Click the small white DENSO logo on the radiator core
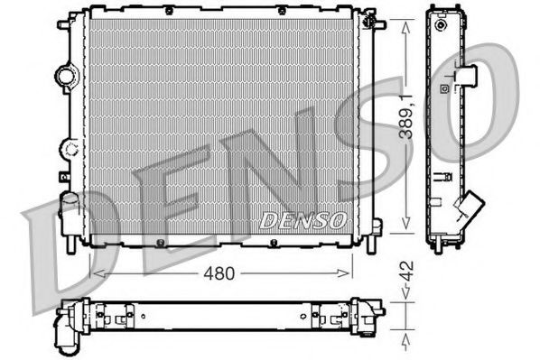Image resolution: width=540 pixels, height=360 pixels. pos(303,219)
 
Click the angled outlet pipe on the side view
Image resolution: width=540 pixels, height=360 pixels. pos(470,209)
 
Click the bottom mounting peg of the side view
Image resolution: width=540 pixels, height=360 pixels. pos(440,245)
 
